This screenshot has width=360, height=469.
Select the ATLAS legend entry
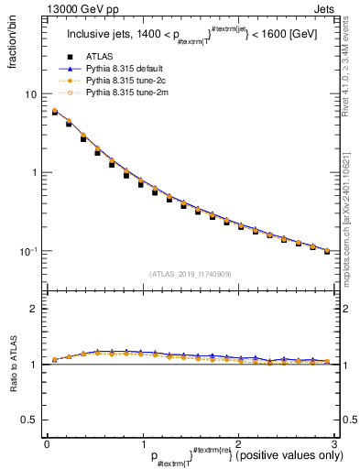(x=99, y=58)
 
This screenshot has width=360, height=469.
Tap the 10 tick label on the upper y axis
(x=30, y=94)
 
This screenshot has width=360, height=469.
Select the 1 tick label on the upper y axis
(x=33, y=172)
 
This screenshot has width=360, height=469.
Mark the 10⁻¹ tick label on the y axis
(x=28, y=250)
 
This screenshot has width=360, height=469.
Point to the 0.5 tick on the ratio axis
(x=29, y=420)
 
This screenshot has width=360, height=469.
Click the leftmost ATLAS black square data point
(x=54, y=113)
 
